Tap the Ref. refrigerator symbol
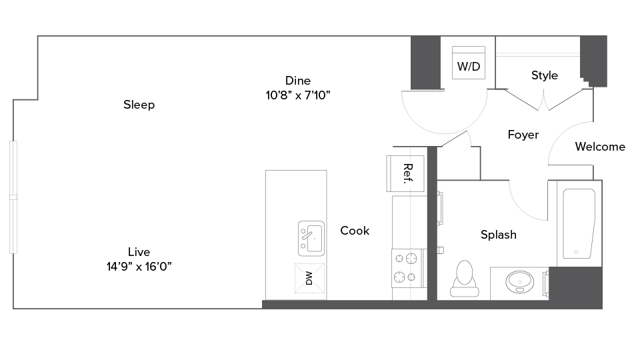pos(406,173)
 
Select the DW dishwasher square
pos(310,279)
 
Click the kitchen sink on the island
pos(311,237)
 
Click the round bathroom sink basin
pos(519,282)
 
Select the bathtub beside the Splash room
pos(578,224)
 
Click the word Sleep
pos(139,105)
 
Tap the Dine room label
pos(298,81)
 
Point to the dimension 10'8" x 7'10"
pos(298,95)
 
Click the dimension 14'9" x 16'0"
pos(139,267)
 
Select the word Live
pos(139,252)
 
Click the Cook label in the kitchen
pos(355,231)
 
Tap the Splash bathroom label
pos(498,235)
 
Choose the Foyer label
pos(523,135)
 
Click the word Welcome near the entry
pos(600,147)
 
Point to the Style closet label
pos(545,75)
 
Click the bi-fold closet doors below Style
pos(546,99)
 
